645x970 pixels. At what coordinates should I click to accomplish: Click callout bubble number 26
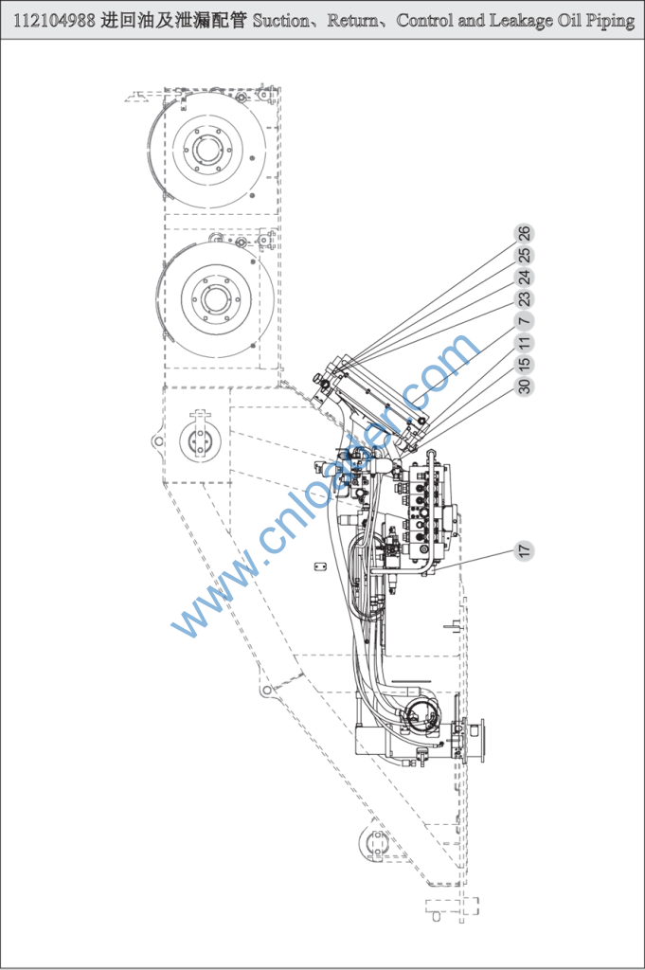tap(525, 233)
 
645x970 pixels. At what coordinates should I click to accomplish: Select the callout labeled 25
tap(525, 255)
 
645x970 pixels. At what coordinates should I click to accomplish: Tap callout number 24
tap(525, 278)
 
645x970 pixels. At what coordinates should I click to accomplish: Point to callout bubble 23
tap(525, 299)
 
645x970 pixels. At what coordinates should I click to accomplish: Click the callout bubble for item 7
tap(525, 320)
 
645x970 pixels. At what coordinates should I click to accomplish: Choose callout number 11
tap(525, 342)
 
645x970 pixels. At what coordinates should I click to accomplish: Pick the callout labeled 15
tap(525, 364)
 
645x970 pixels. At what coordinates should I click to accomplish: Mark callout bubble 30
tap(525, 386)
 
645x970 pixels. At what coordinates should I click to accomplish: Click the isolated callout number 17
tap(525, 549)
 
